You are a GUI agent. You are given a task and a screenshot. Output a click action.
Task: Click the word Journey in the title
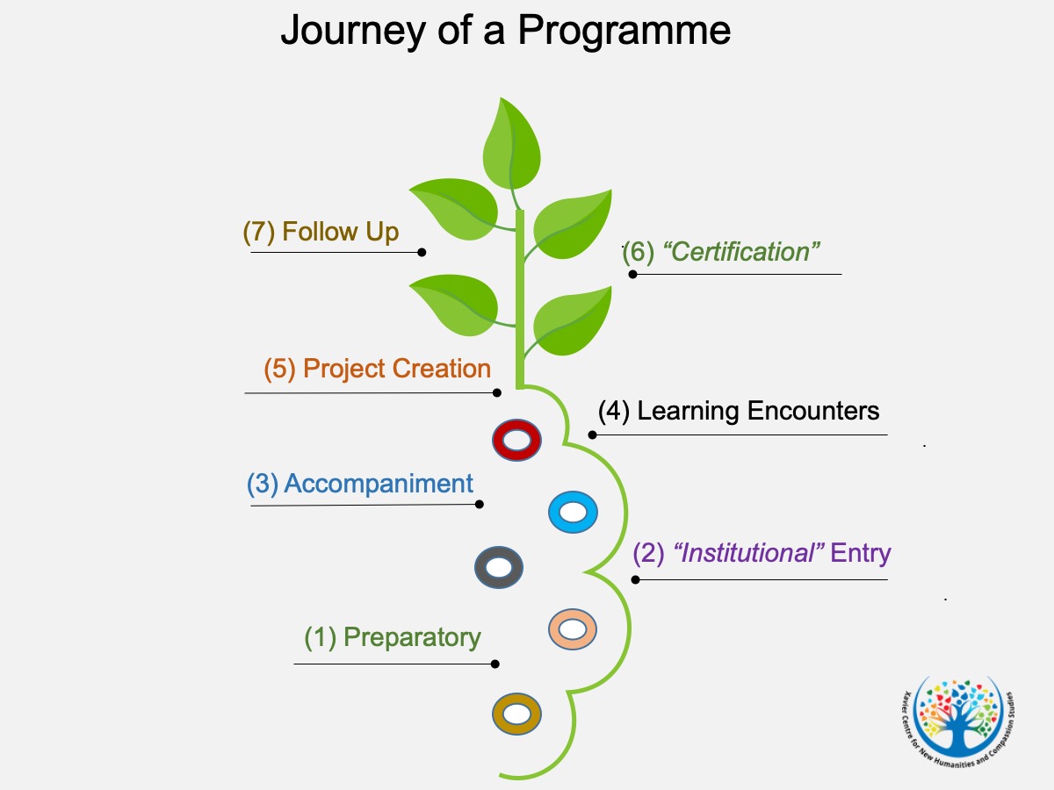(353, 32)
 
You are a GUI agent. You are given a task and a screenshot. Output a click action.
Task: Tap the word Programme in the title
(624, 32)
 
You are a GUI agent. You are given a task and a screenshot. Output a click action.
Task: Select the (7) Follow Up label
(321, 232)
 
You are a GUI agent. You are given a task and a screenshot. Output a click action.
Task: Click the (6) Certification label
(721, 252)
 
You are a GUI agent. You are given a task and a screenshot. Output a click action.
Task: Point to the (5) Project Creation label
(378, 369)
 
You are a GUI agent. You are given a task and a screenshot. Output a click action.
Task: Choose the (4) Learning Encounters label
(739, 411)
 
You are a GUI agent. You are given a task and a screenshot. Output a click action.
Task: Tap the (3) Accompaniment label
(360, 484)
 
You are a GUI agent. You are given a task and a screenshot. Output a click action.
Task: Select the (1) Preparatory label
(393, 638)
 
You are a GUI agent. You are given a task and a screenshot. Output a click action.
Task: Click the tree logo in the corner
(958, 722)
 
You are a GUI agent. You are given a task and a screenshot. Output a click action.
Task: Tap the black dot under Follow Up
(422, 252)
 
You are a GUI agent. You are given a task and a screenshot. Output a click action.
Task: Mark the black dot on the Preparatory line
(495, 664)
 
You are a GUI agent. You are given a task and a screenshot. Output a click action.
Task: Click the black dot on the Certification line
(633, 275)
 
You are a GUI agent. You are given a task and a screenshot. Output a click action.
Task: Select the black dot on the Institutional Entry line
(635, 580)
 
